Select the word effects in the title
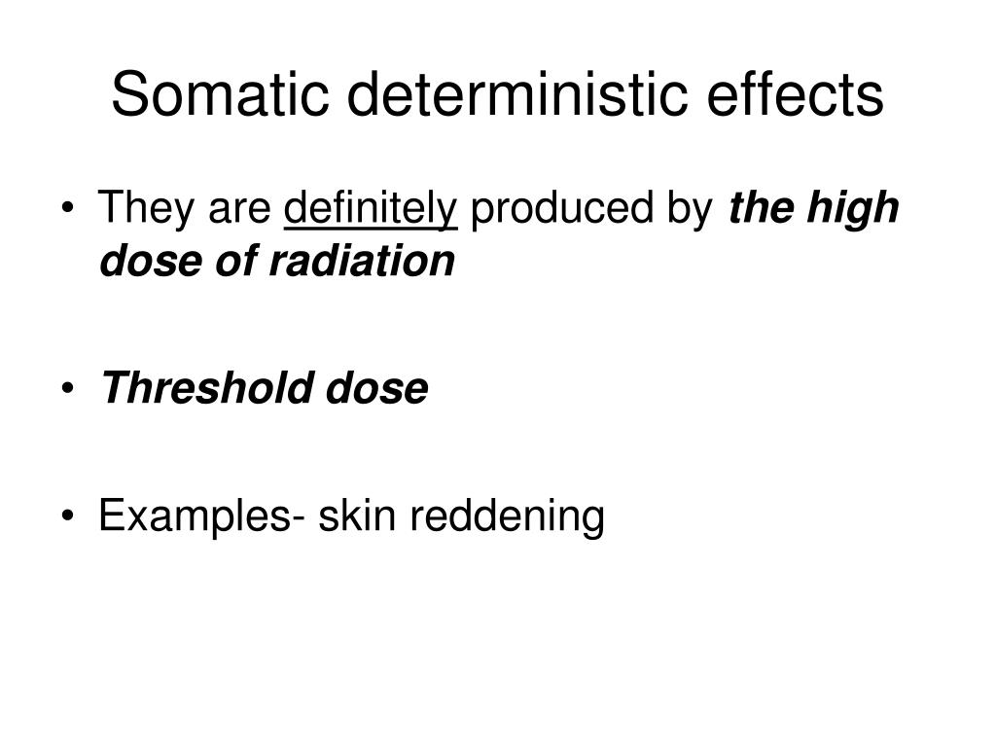tap(796, 94)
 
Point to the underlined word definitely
tap(371, 208)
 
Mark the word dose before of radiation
tap(144, 260)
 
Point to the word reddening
tap(506, 516)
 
